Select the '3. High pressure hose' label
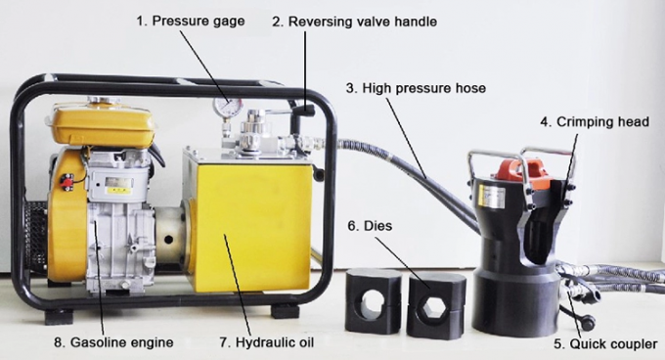click(416, 88)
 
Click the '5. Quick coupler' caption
click(604, 343)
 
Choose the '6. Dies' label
click(370, 225)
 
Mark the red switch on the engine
click(67, 182)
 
